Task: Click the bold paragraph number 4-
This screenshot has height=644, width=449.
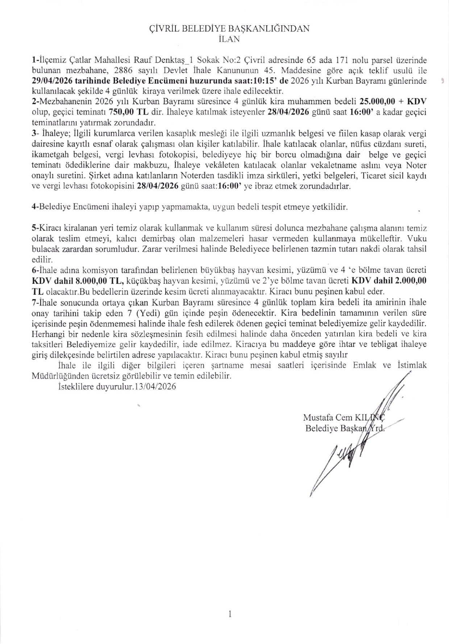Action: pos(35,207)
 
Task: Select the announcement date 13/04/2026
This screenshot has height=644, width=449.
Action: pos(155,386)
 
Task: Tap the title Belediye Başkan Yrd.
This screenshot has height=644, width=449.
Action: pos(344,429)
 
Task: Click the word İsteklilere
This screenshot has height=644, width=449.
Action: pos(75,386)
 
